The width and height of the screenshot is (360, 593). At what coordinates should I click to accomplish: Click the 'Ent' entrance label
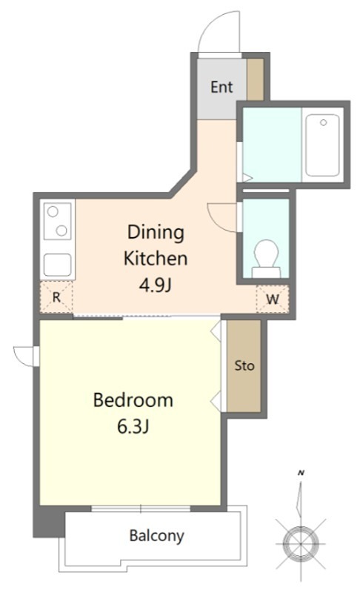pos(221,87)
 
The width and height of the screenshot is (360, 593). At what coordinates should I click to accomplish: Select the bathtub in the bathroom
pos(322,145)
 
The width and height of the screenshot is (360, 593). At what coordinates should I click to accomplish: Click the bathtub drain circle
pos(324,122)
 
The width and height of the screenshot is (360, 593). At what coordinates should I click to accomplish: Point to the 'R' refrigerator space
pos(56,297)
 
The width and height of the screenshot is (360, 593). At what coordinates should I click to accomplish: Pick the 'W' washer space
pos(273,299)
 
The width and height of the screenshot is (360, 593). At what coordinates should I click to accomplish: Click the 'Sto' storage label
pos(244,365)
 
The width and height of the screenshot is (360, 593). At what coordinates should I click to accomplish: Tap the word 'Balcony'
pos(157,535)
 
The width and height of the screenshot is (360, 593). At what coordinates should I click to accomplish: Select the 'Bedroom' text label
pos(133,400)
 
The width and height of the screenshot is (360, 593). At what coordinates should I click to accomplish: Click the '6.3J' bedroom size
pos(133,427)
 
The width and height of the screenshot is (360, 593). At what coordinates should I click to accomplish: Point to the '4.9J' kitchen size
pos(156,285)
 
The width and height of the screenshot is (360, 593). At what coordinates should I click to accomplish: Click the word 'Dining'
pos(156,233)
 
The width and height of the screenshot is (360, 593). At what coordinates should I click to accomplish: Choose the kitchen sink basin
pos(58,265)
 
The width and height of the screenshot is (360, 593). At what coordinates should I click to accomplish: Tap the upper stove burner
pos(53,211)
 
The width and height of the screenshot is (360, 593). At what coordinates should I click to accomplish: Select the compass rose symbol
pos(300,543)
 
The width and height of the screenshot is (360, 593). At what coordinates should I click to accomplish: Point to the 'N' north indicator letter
pos(301,473)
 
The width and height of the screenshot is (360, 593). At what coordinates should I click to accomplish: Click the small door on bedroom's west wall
pos(24,356)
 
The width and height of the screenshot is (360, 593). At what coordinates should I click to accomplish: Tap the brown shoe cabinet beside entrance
pos(255,79)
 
